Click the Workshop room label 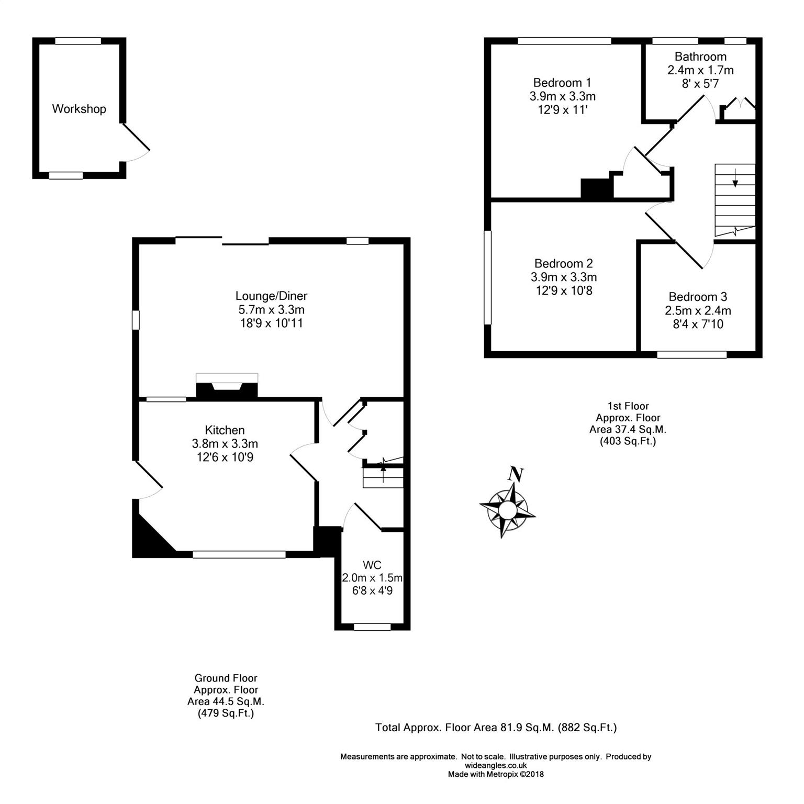[x=79, y=109]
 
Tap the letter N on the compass [x=516, y=474]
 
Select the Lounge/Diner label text [x=271, y=296]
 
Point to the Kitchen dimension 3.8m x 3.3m [x=225, y=444]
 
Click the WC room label [x=372, y=565]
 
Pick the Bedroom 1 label [x=562, y=83]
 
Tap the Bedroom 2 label [x=563, y=264]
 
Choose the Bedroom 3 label [x=698, y=297]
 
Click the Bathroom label [x=700, y=57]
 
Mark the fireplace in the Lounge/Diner [x=227, y=387]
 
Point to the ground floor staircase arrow [x=383, y=467]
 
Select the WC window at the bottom [x=372, y=627]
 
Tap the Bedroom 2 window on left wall [x=488, y=278]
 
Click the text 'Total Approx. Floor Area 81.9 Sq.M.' [x=464, y=728]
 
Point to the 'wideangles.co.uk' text [x=496, y=765]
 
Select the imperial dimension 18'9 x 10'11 [x=271, y=323]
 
